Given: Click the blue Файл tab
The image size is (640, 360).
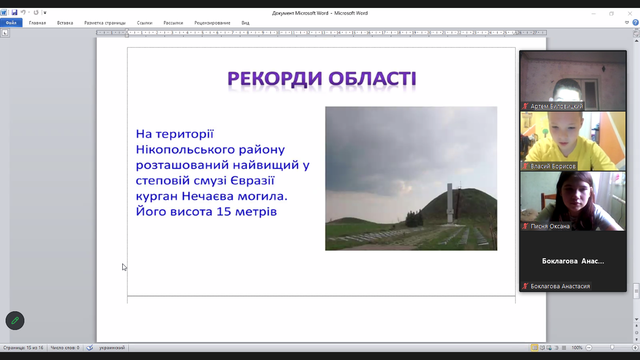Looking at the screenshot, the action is coord(11,23).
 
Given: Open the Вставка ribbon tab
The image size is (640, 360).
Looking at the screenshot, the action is coord(65,23).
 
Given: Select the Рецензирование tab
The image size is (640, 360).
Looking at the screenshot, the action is coord(212,23).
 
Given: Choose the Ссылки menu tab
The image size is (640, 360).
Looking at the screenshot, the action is coord(145,23).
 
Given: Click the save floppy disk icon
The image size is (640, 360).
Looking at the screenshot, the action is coord(14,12).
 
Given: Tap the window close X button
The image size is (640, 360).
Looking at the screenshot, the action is coord(630,14).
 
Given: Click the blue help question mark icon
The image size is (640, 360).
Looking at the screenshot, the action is coord(635,22).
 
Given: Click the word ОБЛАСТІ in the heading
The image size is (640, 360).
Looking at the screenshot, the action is coord(372,79).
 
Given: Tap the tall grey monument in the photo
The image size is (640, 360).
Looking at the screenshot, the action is coord(450,202).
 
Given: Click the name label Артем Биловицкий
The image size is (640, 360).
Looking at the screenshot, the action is coord(556,106).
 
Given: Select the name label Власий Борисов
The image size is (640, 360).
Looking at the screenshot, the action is coord(553,166).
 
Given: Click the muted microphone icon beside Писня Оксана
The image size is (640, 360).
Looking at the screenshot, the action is coord(525,226).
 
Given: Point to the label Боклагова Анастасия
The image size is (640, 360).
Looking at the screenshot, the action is coord(560,286).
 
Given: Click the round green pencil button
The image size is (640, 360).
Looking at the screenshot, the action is coord(15,321).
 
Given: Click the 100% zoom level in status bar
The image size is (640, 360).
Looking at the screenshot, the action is coord(577,348).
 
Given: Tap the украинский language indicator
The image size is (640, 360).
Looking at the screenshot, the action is coord(112,348).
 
